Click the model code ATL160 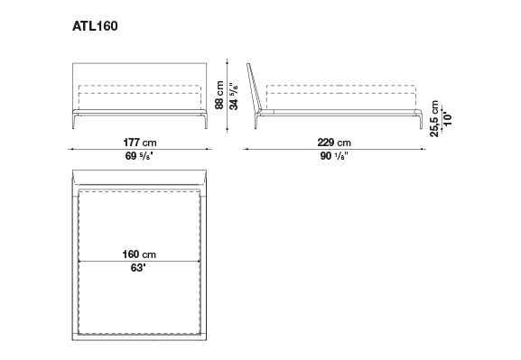click(x=95, y=26)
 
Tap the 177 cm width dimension click(x=140, y=143)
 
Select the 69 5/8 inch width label click(x=139, y=155)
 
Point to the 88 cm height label click(x=219, y=95)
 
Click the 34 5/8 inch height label click(x=234, y=96)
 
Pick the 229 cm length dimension click(x=334, y=143)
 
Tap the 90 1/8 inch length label click(x=334, y=155)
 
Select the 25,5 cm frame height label click(x=434, y=118)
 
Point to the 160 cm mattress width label click(x=139, y=254)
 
